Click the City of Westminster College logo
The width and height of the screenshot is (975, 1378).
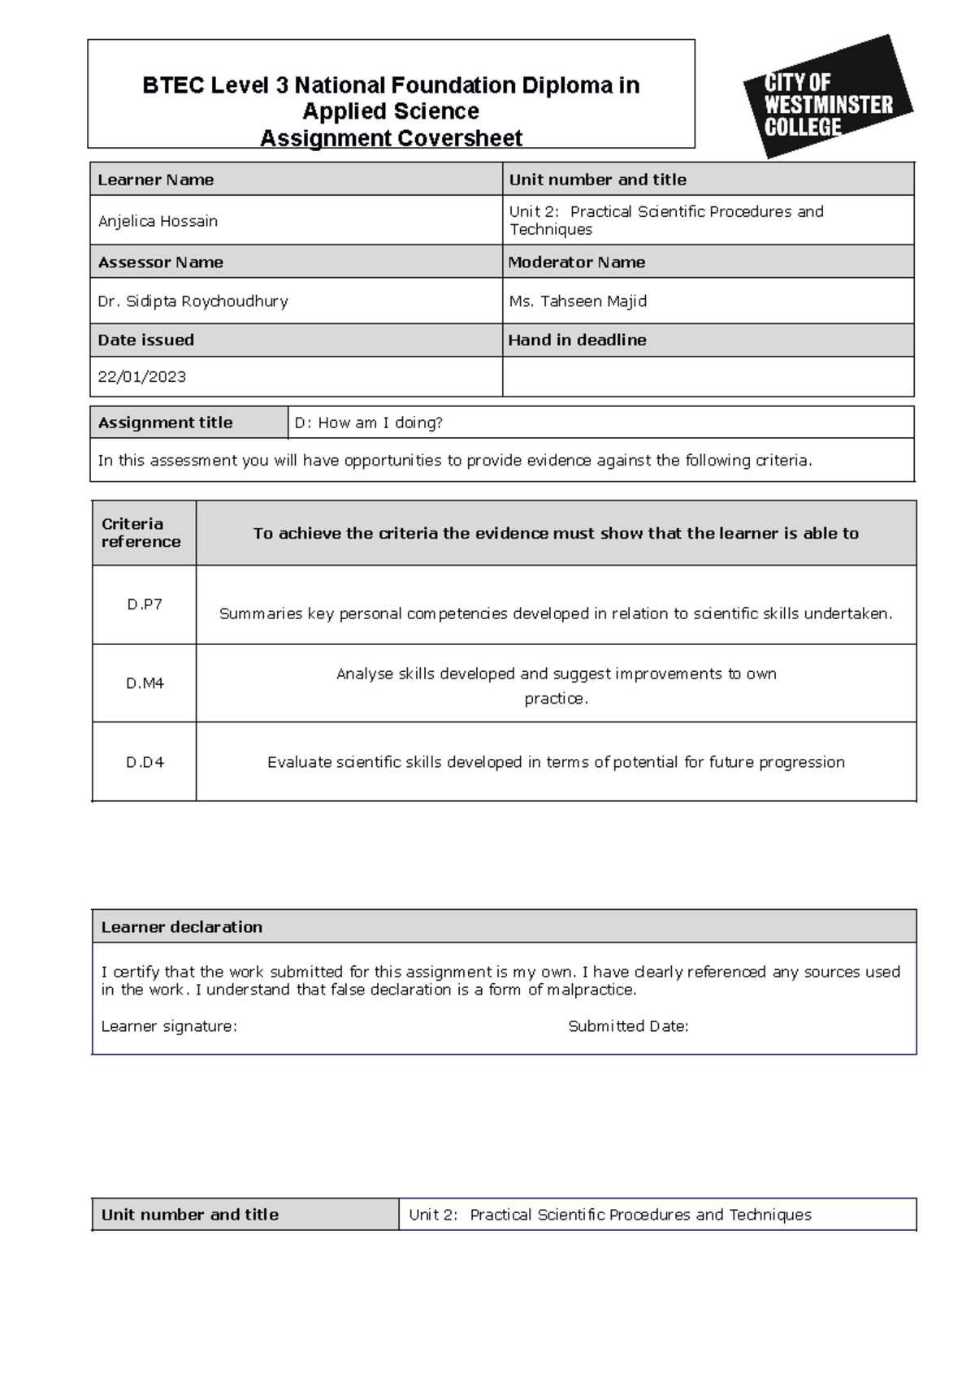[827, 97]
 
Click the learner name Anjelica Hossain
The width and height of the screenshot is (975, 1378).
[158, 221]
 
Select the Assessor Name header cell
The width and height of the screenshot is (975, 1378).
[160, 262]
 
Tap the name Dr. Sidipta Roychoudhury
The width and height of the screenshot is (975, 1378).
[193, 301]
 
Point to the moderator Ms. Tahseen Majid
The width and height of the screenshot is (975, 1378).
[578, 301]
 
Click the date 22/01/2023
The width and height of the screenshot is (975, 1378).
[141, 377]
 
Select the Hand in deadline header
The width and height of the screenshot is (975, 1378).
[577, 340]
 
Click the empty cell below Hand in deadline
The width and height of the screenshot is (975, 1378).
[707, 377]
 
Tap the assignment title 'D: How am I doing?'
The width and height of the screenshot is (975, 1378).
[368, 422]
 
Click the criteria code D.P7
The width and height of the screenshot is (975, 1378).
[145, 604]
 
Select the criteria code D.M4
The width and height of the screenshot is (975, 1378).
[145, 683]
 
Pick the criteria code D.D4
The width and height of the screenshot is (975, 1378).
[145, 762]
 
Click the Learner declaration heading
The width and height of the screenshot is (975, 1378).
[181, 927]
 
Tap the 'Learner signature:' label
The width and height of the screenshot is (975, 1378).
[168, 1026]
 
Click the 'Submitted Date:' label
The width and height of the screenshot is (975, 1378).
[627, 1026]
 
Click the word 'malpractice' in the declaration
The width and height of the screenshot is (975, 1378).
[590, 990]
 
